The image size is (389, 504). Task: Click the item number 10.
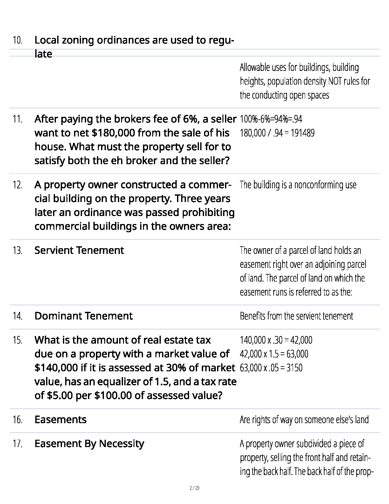point(17,40)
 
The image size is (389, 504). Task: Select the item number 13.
point(17,251)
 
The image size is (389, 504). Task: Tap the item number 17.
point(17,444)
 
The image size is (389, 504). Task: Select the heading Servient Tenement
point(79,250)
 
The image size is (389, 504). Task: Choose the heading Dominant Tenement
point(84,316)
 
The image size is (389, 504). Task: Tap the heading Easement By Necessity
point(89,444)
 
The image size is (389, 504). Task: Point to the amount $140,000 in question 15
point(56,368)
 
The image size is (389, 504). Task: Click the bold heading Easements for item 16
point(60,420)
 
